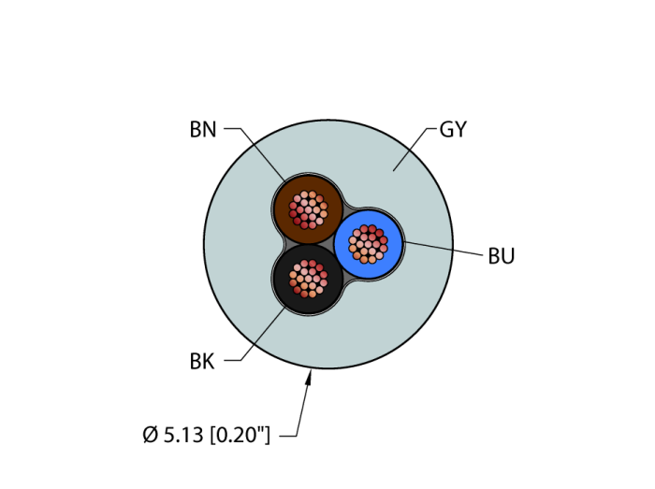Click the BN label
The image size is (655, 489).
point(203,130)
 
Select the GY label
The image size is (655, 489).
point(453,130)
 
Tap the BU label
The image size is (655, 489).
point(502,256)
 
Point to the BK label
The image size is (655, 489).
point(202,361)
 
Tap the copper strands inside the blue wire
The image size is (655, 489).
point(368,244)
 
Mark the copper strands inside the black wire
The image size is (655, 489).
point(308,278)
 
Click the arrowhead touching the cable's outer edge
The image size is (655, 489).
point(310,377)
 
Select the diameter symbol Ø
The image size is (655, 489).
point(150,435)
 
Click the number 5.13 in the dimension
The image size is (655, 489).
point(183,435)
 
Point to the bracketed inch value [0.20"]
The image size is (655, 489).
point(240,435)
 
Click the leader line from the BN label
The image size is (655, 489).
point(262,153)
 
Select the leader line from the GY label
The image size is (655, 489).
point(412,149)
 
